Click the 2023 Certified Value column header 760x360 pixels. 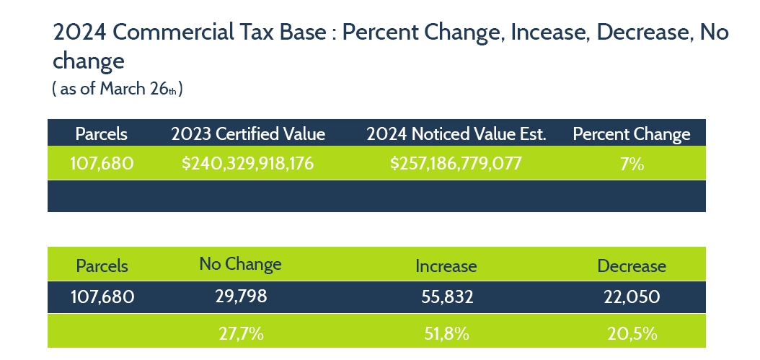point(248,134)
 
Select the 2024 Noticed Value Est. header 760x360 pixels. point(456,134)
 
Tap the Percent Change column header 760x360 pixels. point(631,134)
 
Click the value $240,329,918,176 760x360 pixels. point(248,164)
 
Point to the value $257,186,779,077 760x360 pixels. point(456,164)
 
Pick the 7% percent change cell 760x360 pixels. point(631,164)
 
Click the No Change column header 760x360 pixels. point(240,264)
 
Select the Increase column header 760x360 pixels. point(446,265)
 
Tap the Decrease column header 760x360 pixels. point(632,265)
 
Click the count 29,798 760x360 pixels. point(240,296)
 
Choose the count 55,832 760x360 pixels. point(446,296)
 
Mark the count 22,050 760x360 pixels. point(632,296)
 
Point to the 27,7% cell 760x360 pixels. point(240,333)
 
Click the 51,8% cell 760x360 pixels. point(446,333)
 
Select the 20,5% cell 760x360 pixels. point(632,333)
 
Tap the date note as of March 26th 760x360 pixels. point(116,89)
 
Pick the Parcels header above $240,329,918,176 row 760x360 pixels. point(102,134)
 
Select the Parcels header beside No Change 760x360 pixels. point(102,265)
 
